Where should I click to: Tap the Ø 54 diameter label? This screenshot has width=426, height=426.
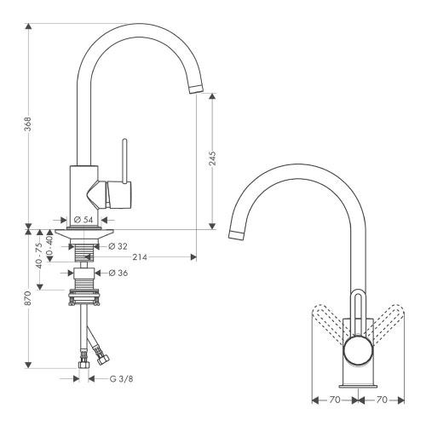click(x=85, y=220)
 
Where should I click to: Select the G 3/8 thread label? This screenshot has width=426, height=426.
click(x=118, y=377)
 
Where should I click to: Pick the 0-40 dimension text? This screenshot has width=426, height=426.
click(x=50, y=247)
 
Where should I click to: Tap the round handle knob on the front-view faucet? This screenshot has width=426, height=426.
click(x=356, y=350)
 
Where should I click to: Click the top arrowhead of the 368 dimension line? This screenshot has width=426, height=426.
click(x=29, y=26)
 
